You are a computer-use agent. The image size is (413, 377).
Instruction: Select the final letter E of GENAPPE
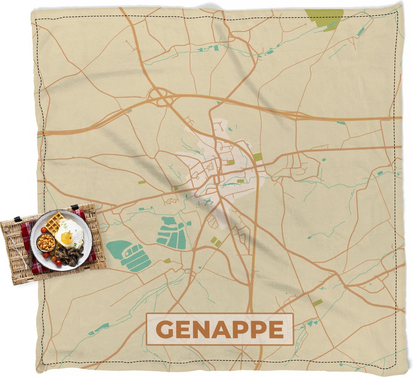coord(275,329)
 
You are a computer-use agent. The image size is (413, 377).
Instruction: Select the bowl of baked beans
coord(46,243)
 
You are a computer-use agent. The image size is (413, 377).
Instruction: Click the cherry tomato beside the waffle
coord(43,230)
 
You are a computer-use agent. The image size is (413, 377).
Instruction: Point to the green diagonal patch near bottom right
coord(317,303)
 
